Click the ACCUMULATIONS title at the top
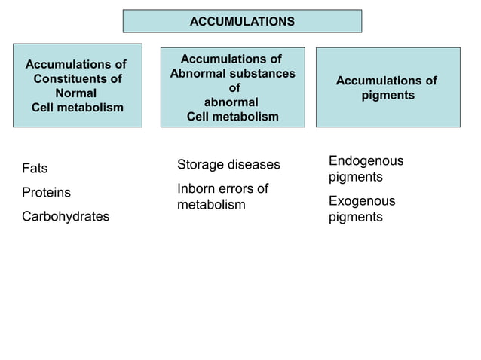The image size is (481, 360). coord(242,22)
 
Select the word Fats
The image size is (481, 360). coord(35,169)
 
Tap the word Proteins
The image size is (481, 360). coord(46,193)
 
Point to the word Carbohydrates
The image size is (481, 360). coord(66,217)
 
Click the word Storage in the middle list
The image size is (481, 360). coord(200,165)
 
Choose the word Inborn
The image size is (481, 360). coord(196,188)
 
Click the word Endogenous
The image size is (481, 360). coord(366,161)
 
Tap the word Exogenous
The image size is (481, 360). coord(362,201)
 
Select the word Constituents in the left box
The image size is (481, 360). coord(78,79)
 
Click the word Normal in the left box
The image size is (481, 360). coord(76,93)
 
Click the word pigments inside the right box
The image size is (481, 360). coord(387,96)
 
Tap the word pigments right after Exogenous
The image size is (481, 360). coord(355,218)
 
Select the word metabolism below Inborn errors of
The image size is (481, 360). coord(211,205)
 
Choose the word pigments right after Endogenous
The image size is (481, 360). coord(355,178)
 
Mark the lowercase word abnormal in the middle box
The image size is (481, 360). coord(231,102)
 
